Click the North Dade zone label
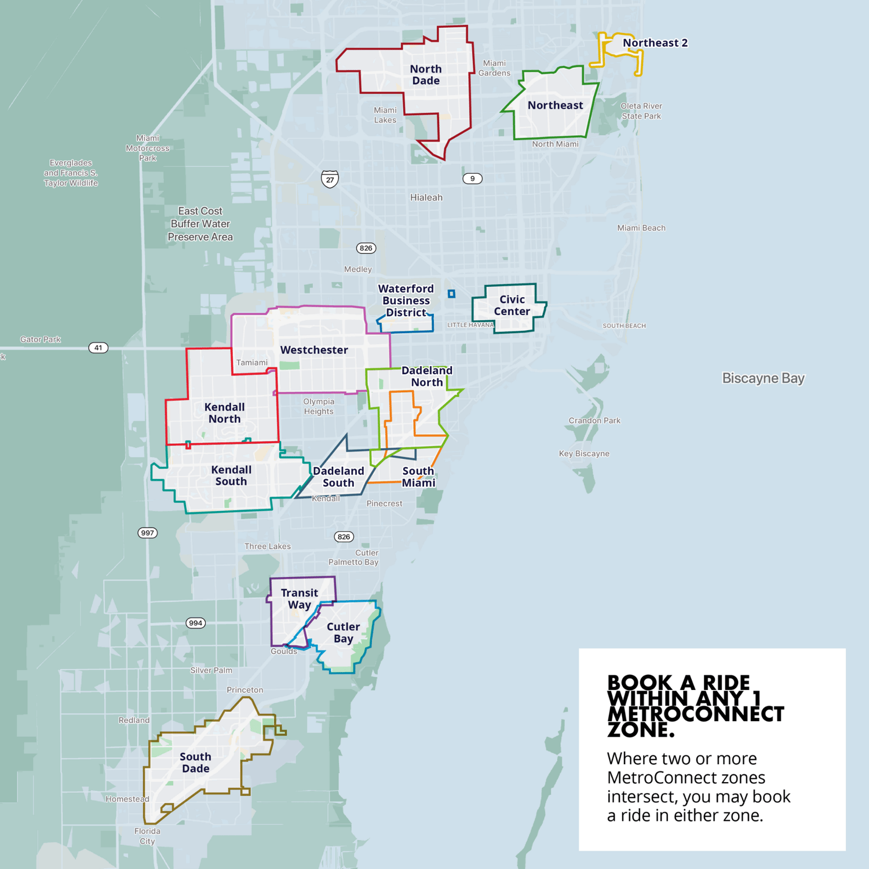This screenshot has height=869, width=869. [426, 75]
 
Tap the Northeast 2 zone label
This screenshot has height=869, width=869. [655, 43]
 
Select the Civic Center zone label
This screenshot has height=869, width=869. [512, 305]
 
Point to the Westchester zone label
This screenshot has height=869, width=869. [314, 350]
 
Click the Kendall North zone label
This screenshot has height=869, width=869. [224, 413]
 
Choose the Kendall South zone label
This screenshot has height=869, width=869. [231, 476]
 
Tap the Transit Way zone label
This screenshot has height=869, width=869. [299, 598]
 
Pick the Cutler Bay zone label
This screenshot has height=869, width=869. [343, 633]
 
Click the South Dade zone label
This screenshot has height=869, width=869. [195, 762]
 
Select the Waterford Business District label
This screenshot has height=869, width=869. [406, 301]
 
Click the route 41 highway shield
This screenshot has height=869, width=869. [98, 348]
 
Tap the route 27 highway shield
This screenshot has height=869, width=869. [330, 179]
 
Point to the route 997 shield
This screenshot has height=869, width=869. [148, 533]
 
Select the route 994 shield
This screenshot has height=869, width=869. [196, 623]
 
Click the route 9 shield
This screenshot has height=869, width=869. [472, 178]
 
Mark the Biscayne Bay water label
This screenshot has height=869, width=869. [763, 378]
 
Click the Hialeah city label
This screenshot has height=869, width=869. [426, 198]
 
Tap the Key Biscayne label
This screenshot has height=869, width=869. [584, 454]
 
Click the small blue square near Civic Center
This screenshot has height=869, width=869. [451, 294]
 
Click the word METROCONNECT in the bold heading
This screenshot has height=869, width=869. [695, 714]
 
